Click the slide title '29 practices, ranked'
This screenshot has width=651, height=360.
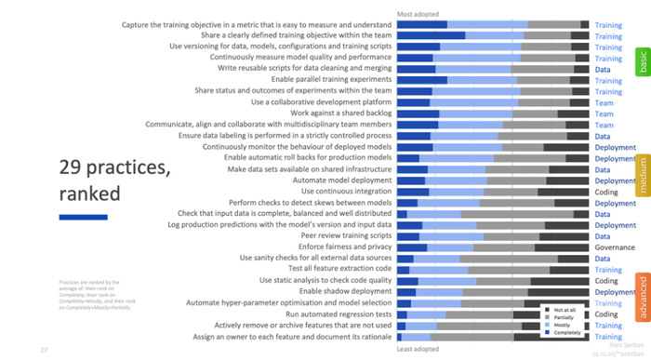pyautogui.click(x=115, y=180)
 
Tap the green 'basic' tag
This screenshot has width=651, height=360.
pyautogui.click(x=641, y=62)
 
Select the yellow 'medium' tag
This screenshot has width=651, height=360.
pyautogui.click(x=641, y=174)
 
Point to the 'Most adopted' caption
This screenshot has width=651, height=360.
pyautogui.click(x=418, y=14)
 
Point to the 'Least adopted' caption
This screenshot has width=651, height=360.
pyautogui.click(x=418, y=349)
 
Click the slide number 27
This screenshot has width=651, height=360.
pyautogui.click(x=44, y=349)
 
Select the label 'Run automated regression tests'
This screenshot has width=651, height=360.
pyautogui.click(x=333, y=314)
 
